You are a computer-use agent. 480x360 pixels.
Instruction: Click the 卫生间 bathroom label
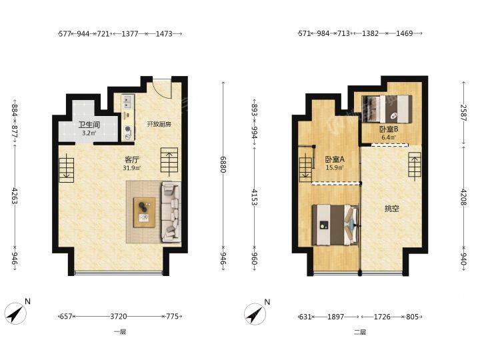89,125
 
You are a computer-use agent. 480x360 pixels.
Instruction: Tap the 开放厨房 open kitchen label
159,124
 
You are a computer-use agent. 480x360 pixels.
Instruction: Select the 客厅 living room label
132,159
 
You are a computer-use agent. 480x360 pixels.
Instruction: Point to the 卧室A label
335,159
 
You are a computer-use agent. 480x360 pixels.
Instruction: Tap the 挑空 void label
391,209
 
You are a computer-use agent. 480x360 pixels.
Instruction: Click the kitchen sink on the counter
127,102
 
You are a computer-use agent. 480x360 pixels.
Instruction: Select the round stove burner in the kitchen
128,129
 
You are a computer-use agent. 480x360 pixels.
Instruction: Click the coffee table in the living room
144,213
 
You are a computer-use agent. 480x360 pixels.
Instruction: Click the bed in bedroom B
387,109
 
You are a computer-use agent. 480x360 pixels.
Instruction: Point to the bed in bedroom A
335,225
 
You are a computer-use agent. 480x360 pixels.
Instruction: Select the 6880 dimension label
223,165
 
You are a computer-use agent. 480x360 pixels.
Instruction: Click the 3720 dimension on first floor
119,316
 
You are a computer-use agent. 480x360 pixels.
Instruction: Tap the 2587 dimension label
463,113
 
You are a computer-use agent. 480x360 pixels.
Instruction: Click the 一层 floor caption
119,332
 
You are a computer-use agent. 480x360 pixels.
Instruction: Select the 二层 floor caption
360,332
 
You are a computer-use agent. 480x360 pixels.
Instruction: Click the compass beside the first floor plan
15,313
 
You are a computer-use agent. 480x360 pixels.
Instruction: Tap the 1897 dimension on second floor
336,317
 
